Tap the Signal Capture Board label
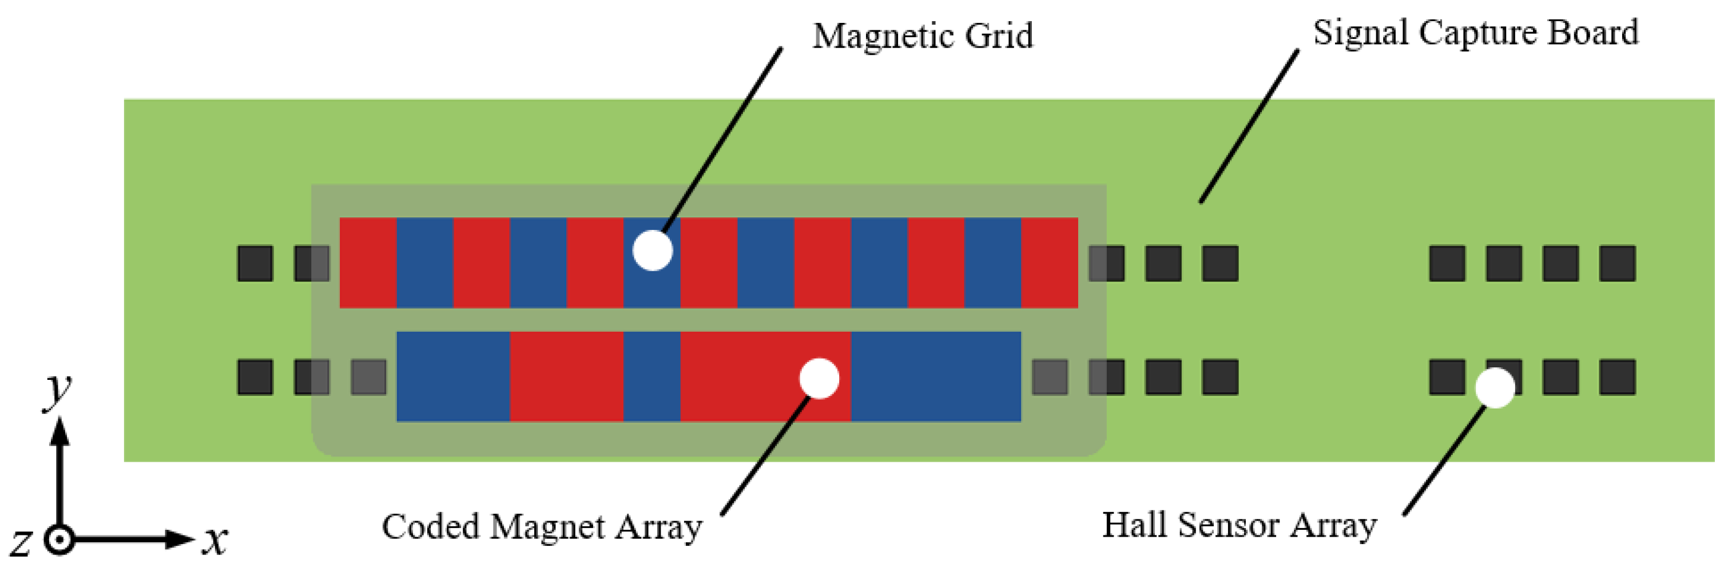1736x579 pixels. pos(1475,33)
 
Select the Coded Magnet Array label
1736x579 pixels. pos(542,527)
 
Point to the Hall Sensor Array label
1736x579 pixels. pos(1239,526)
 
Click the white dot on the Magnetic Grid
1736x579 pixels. pos(652,251)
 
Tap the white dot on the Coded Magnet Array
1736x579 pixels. pos(819,379)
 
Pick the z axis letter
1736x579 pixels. pos(20,542)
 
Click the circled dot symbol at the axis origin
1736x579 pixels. pos(60,541)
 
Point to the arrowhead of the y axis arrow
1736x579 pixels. pos(61,431)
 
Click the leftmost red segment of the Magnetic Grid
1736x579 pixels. pos(368,263)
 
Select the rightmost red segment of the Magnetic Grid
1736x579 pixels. pos(1049,263)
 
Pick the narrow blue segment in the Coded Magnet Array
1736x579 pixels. pos(652,377)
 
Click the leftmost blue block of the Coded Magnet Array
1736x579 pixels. pos(453,377)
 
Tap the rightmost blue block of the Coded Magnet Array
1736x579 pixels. pos(935,377)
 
